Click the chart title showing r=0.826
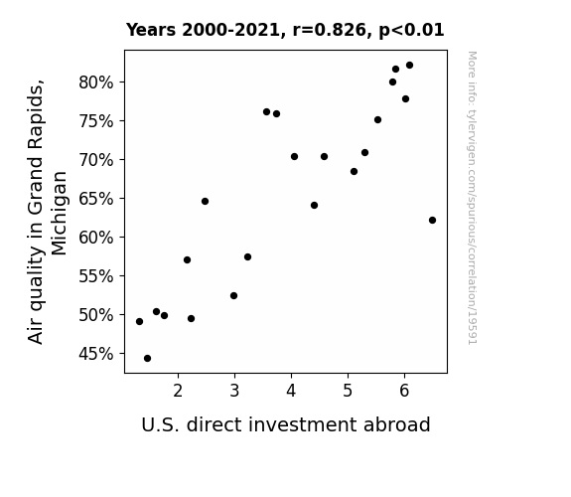285,30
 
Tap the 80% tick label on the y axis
96,83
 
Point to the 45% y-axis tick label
96,354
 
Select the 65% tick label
96,199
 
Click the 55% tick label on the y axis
96,276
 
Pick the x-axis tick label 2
178,391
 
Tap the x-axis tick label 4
291,391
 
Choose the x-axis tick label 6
404,391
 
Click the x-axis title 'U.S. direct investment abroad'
286,424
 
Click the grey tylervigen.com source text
472,198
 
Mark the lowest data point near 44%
148,359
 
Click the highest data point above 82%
410,66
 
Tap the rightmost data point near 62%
433,221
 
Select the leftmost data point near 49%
139,322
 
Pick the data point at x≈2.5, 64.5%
205,201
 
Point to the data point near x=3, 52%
233,296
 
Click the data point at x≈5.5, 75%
377,120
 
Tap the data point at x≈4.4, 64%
314,206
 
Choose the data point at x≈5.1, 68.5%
354,171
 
